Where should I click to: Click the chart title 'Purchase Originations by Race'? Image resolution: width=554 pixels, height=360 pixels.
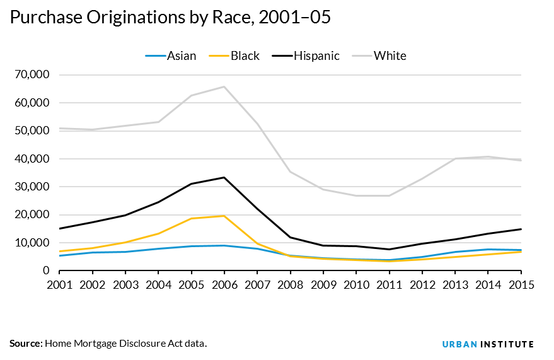pyautogui.click(x=170, y=18)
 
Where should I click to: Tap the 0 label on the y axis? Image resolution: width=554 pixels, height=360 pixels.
pyautogui.click(x=45, y=270)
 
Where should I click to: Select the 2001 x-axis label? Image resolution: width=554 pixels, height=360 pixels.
pyautogui.click(x=60, y=284)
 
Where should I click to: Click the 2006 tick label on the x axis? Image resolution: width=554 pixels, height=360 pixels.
pyautogui.click(x=224, y=284)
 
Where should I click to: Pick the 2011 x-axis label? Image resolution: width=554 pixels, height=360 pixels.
pyautogui.click(x=390, y=284)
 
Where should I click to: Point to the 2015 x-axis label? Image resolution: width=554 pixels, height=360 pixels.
pyautogui.click(x=521, y=284)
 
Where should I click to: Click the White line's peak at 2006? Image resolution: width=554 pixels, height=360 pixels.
pyautogui.click(x=224, y=87)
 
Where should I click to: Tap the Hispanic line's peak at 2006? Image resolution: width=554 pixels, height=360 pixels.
pyautogui.click(x=224, y=177)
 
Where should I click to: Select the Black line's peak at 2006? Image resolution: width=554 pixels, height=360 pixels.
pyautogui.click(x=224, y=216)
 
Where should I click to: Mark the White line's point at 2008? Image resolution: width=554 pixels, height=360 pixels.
pyautogui.click(x=291, y=171)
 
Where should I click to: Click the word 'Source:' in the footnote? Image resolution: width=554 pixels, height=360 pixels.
pyautogui.click(x=25, y=344)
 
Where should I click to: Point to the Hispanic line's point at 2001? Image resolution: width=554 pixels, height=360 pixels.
pyautogui.click(x=60, y=228)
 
